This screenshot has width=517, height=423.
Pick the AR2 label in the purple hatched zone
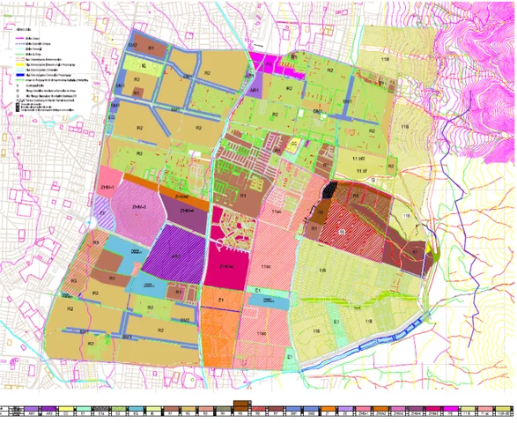point(176,256)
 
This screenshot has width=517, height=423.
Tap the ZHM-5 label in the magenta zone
point(225,264)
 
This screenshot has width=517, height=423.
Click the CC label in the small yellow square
point(294,142)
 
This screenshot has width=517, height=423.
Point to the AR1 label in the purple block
point(253,90)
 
